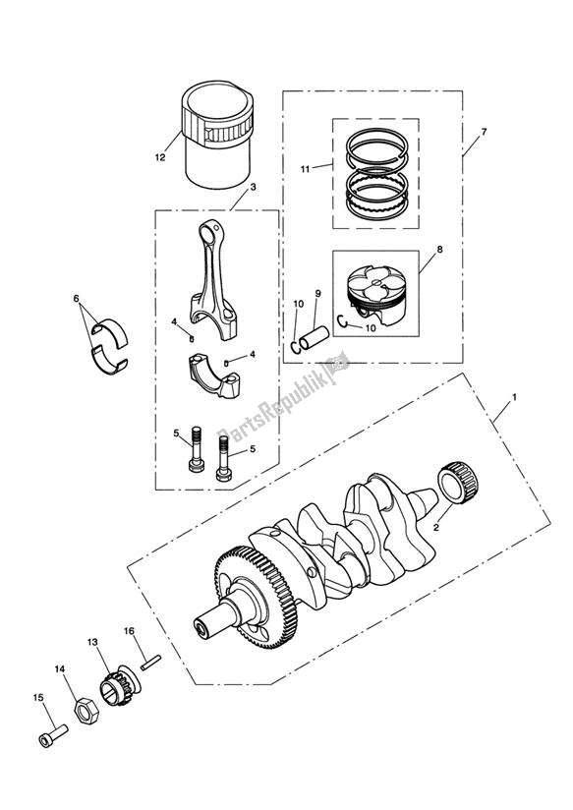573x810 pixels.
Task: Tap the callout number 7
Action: (483, 131)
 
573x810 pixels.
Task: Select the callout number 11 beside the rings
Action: (306, 169)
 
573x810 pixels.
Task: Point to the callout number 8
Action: (439, 250)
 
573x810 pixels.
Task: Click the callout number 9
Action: (317, 294)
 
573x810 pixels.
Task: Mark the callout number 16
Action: (129, 630)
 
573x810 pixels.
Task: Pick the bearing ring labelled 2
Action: (461, 482)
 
